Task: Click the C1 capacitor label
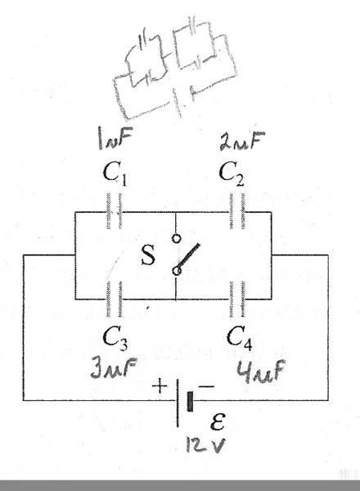pyautogui.click(x=115, y=174)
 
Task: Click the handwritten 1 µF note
pyautogui.click(x=115, y=137)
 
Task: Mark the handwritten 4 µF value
pyautogui.click(x=261, y=371)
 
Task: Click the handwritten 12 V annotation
pyautogui.click(x=205, y=444)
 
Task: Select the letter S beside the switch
pyautogui.click(x=148, y=255)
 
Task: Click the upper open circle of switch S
pyautogui.click(x=176, y=239)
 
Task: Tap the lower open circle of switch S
pyautogui.click(x=177, y=271)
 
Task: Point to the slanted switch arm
pyautogui.click(x=188, y=257)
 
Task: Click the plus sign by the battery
pyautogui.click(x=160, y=386)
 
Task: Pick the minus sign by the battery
pyautogui.click(x=207, y=387)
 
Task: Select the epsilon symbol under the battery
pyautogui.click(x=218, y=421)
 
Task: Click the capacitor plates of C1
pyautogui.click(x=115, y=211)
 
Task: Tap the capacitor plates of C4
pyautogui.click(x=237, y=300)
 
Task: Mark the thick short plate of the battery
pyautogui.click(x=190, y=401)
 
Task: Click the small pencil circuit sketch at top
pyautogui.click(x=175, y=69)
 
